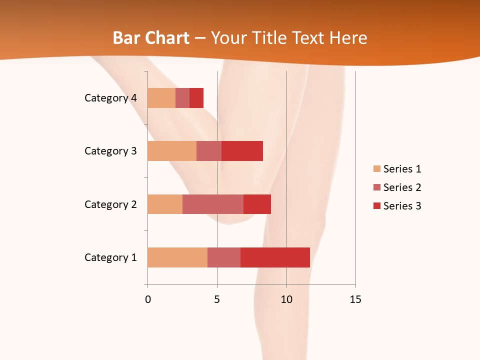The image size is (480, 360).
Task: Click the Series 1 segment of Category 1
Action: [x=177, y=257]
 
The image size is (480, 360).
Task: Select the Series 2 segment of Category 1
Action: [x=224, y=257]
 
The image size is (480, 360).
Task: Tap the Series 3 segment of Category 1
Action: [x=275, y=257]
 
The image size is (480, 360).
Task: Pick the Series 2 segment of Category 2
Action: [x=213, y=204]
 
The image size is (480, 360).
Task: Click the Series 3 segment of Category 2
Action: [x=257, y=204]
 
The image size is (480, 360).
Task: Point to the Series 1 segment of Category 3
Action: [x=172, y=151]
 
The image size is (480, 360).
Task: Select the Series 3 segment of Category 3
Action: [x=242, y=151]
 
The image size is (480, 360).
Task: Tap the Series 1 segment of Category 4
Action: [x=161, y=98]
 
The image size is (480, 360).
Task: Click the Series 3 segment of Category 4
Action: [x=196, y=98]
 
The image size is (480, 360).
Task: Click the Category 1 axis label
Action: [x=110, y=257]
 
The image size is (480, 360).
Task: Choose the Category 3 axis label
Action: [x=110, y=151]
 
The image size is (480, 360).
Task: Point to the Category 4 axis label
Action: [x=110, y=98]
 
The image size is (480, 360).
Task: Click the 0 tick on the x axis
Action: [x=148, y=299]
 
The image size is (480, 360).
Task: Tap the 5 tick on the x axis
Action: [x=217, y=299]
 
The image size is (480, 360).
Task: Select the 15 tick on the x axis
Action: [x=355, y=299]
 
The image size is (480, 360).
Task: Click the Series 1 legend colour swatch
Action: [x=376, y=169]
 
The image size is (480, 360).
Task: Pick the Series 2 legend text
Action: [x=402, y=187]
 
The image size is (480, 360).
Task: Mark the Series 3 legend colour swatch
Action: [x=376, y=206]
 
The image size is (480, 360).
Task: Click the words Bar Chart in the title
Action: [x=151, y=38]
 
